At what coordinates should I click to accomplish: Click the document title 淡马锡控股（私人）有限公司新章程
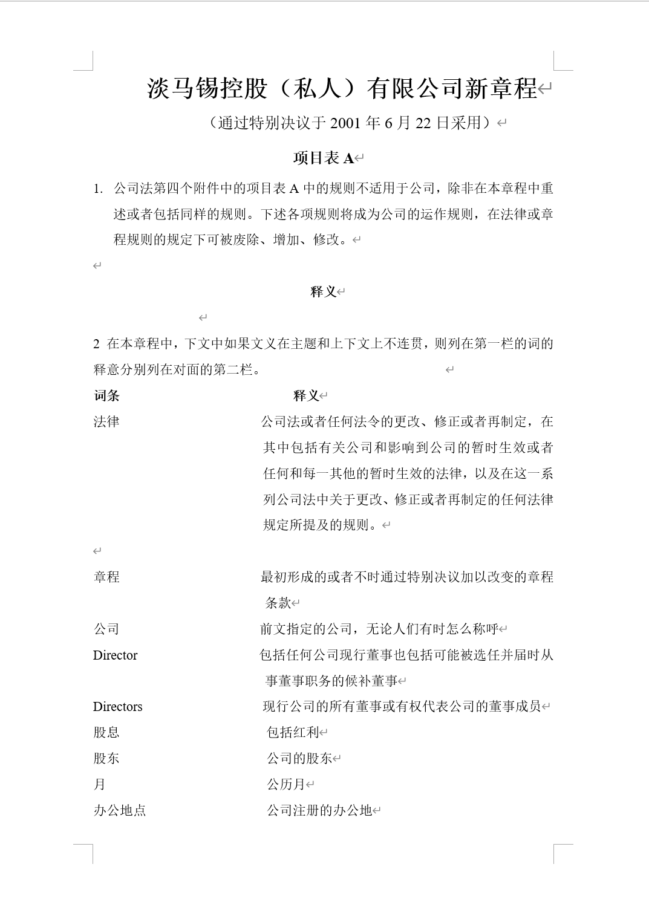(x=342, y=89)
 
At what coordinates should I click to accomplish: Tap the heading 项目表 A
(x=323, y=158)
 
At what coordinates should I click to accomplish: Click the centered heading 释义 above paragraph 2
(x=323, y=291)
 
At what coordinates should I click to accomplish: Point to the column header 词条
(x=106, y=396)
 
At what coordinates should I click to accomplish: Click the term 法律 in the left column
(x=106, y=421)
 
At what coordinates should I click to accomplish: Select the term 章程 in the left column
(x=106, y=577)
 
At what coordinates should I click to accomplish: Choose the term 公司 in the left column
(x=106, y=629)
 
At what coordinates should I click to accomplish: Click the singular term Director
(x=115, y=655)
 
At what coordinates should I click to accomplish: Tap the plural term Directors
(x=117, y=707)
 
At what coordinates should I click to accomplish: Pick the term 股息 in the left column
(x=106, y=733)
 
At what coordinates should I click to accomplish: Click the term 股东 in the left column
(x=106, y=759)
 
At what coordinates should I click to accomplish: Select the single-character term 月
(x=100, y=785)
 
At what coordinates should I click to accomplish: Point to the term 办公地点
(x=120, y=811)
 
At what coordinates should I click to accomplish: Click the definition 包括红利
(x=293, y=733)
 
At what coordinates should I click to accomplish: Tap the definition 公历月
(x=286, y=785)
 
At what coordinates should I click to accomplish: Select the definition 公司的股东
(x=299, y=759)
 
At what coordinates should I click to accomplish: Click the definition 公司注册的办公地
(x=319, y=811)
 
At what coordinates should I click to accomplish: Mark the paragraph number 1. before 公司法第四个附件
(x=98, y=189)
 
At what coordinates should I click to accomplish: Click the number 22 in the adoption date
(x=423, y=123)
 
